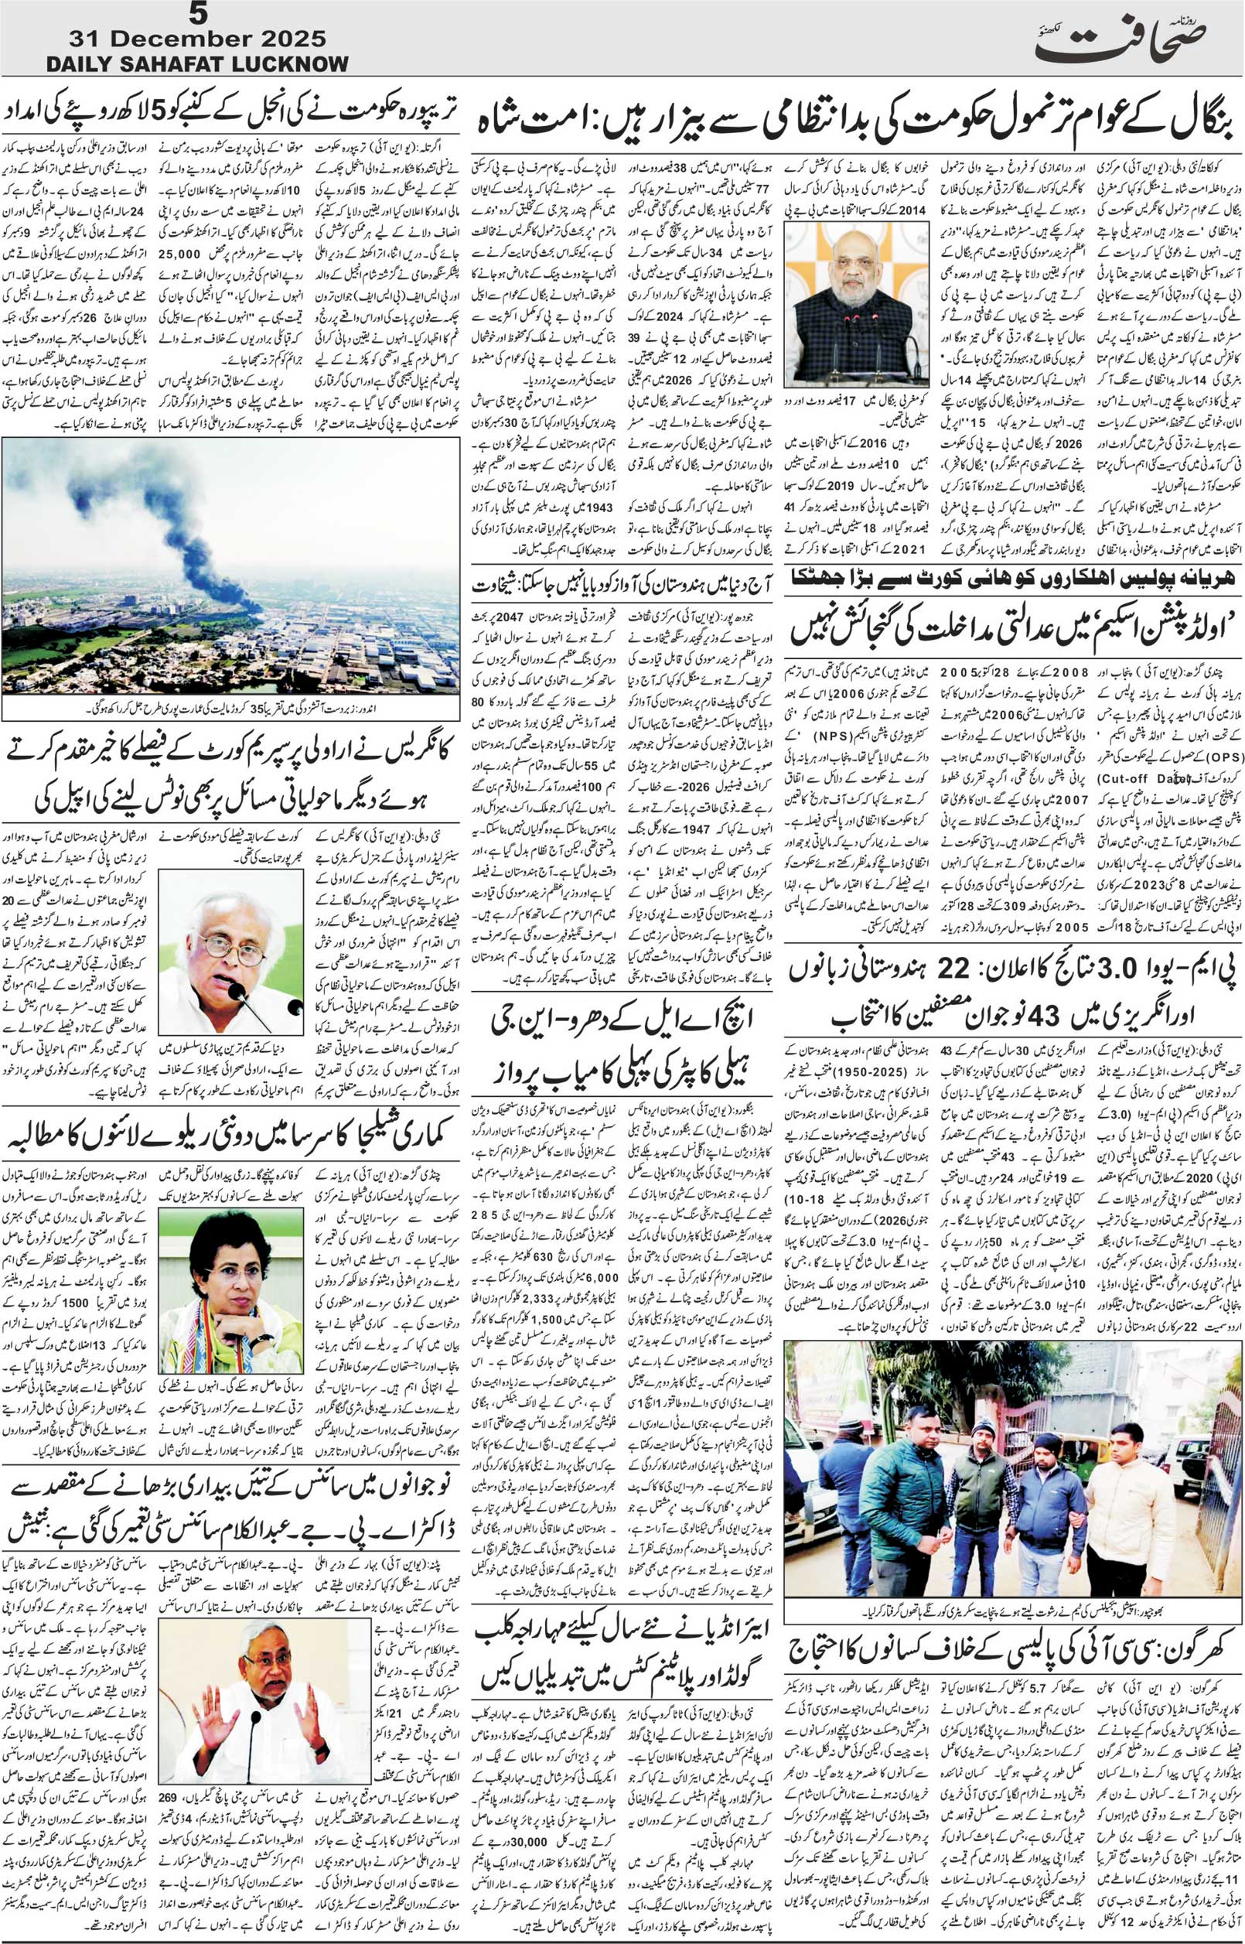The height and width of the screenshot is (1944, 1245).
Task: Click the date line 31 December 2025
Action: click(198, 38)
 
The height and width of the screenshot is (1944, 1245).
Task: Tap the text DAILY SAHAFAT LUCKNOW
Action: click(198, 64)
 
